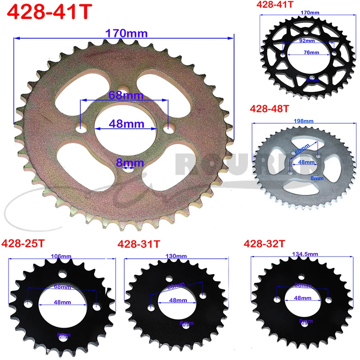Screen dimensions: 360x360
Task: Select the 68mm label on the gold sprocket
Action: coord(126,95)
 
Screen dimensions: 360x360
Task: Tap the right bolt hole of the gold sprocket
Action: coord(168,130)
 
